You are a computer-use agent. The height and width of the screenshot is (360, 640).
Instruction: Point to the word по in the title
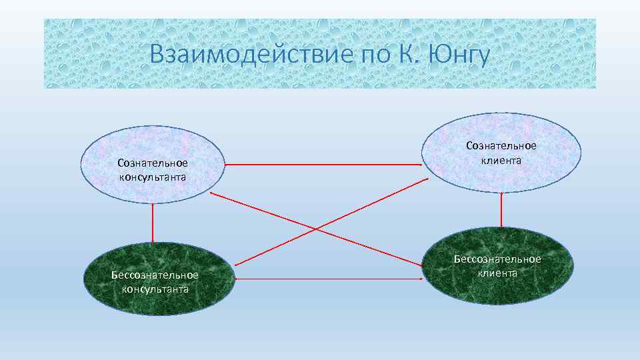tap(378, 53)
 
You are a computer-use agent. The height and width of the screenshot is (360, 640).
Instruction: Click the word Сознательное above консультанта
tap(153, 163)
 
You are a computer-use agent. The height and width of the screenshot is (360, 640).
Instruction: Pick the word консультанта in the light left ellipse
tap(153, 177)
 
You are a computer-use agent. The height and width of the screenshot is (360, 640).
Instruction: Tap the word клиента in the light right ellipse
tap(501, 159)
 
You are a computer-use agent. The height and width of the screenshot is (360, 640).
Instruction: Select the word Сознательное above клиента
tap(501, 145)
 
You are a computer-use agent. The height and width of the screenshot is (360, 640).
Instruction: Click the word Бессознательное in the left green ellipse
tap(155, 275)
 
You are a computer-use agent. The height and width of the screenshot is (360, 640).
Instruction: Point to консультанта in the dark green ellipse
tap(155, 289)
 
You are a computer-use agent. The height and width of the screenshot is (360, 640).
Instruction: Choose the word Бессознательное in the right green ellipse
tap(497, 259)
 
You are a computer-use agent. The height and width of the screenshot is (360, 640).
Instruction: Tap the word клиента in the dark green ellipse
tap(497, 273)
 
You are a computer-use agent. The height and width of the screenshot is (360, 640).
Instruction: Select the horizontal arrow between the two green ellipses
tap(329, 279)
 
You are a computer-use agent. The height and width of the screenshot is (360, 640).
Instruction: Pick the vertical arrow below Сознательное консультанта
tap(153, 223)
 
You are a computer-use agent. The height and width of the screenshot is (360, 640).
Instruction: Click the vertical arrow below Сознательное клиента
tap(500, 210)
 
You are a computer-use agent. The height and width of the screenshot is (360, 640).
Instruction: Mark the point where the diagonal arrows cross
tap(316, 229)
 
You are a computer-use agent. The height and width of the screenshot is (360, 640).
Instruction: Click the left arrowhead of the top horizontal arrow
tap(227, 164)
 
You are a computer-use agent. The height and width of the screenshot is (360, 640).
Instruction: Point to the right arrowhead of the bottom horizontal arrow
tap(423, 279)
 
